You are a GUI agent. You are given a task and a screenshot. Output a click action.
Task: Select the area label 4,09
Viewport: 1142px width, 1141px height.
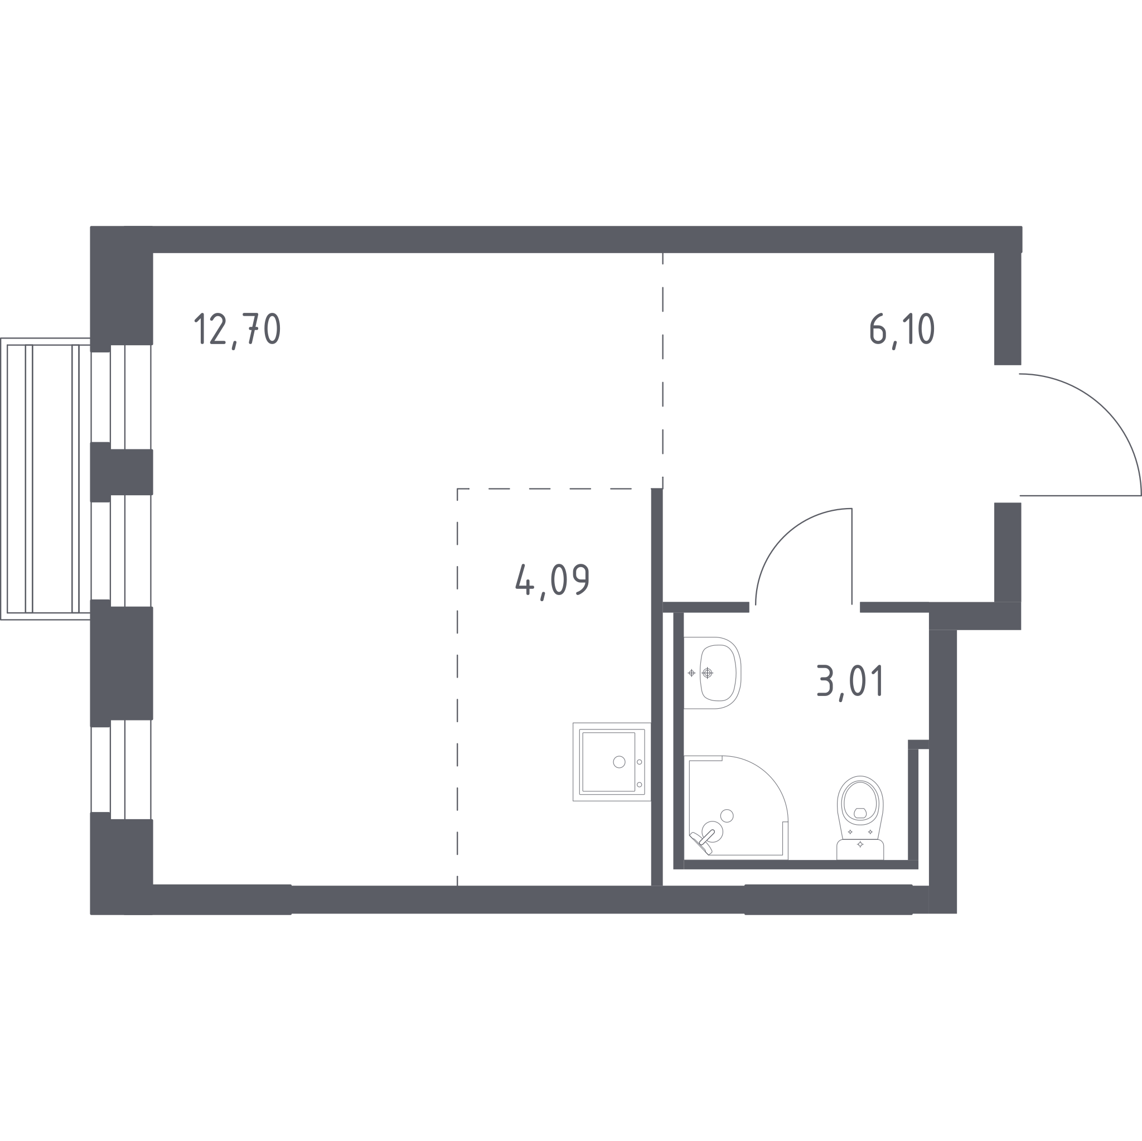(553, 582)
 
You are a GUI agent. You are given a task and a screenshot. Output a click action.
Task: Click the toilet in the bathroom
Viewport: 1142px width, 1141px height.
(860, 818)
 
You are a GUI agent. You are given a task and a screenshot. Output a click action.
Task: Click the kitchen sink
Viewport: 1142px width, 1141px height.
(612, 762)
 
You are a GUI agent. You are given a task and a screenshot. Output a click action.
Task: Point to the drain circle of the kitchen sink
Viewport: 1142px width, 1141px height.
(619, 762)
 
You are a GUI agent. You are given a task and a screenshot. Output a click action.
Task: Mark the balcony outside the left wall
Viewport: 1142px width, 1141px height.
(46, 478)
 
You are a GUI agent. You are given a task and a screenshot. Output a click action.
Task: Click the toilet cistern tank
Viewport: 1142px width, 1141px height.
(860, 849)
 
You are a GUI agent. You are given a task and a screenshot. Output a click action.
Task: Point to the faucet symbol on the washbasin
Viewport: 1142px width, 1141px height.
(707, 673)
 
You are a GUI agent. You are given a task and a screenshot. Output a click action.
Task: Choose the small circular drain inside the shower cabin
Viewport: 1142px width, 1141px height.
(727, 816)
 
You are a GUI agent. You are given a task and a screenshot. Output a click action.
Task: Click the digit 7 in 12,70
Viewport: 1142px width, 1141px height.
(251, 328)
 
